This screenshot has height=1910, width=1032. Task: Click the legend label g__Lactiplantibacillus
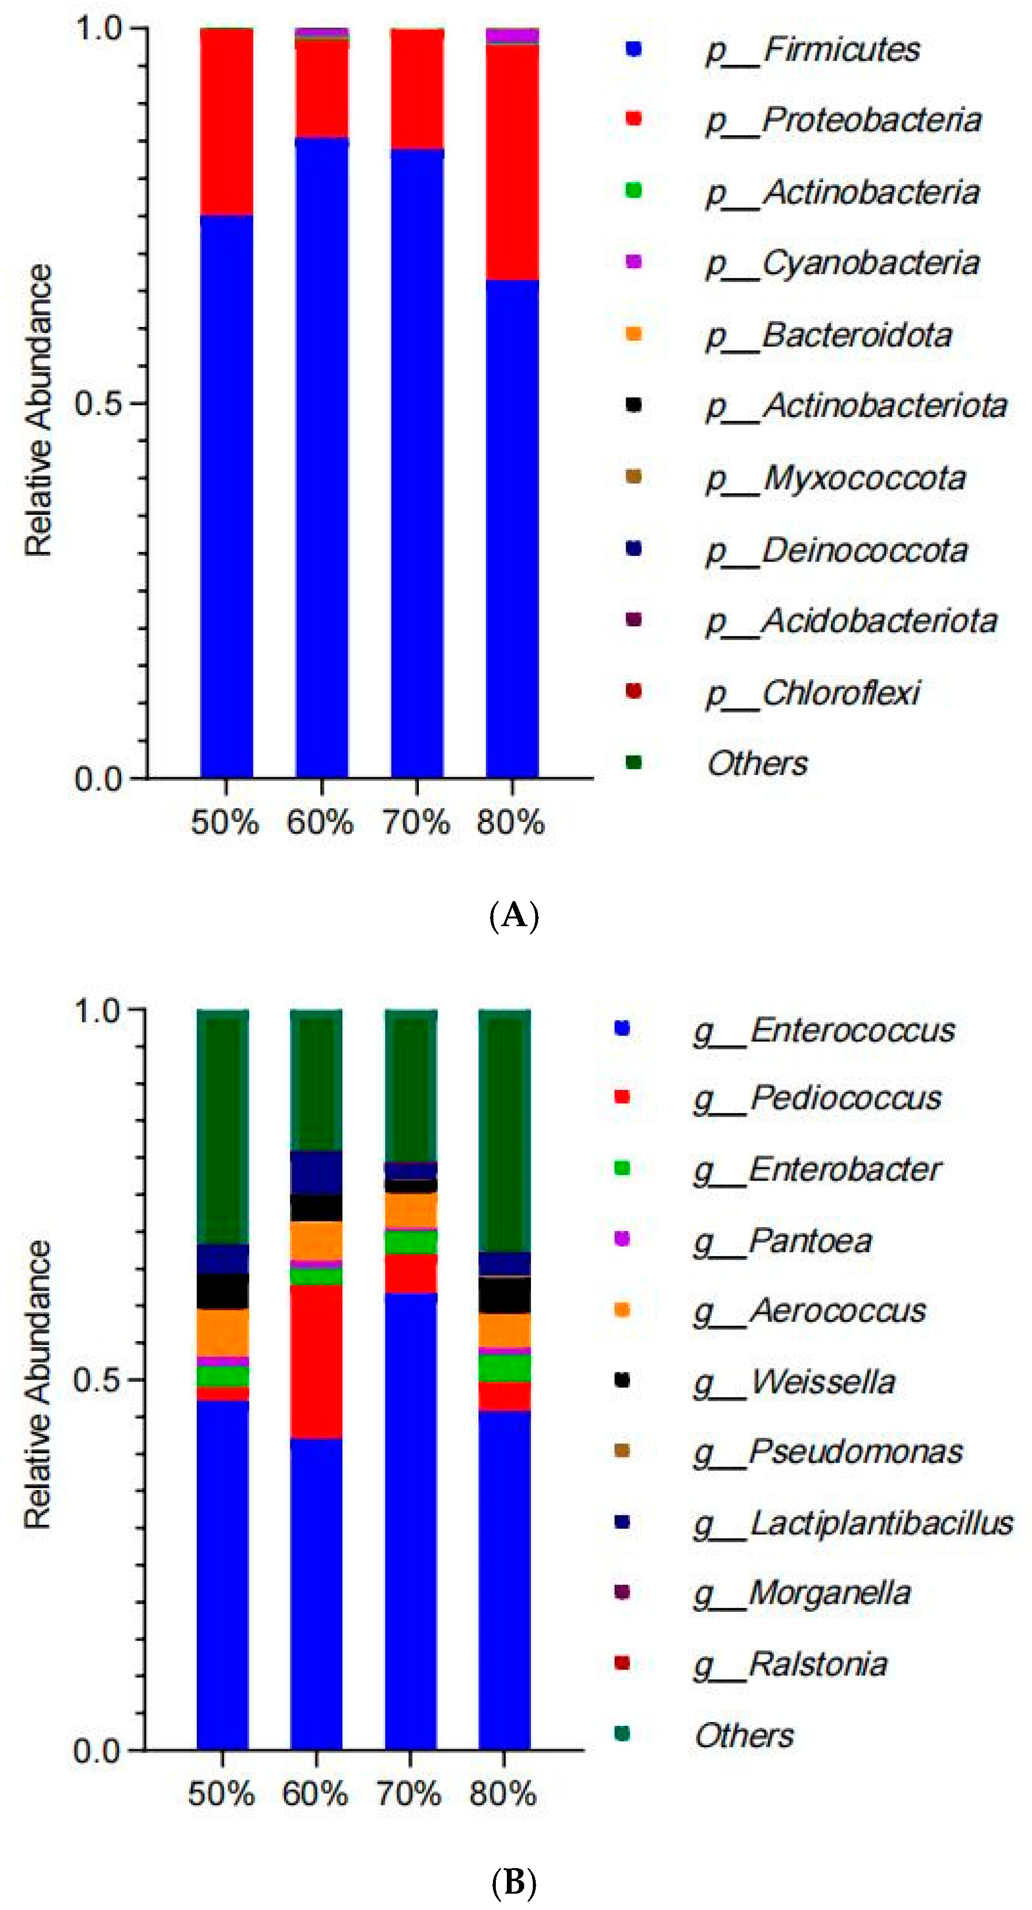(x=853, y=1523)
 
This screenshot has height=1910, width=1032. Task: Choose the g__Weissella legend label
(x=794, y=1382)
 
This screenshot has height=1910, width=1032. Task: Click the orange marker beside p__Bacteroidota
(x=633, y=334)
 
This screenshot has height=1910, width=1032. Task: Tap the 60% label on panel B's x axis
(x=315, y=1794)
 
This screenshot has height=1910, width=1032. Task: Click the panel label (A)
(x=515, y=917)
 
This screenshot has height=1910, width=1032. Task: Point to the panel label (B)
(x=515, y=1883)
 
